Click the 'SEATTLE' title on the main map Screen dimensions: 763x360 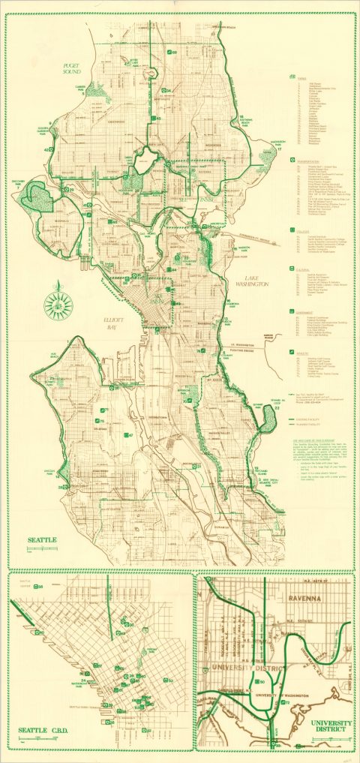point(42,539)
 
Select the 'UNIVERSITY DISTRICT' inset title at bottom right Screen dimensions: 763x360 point(331,726)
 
